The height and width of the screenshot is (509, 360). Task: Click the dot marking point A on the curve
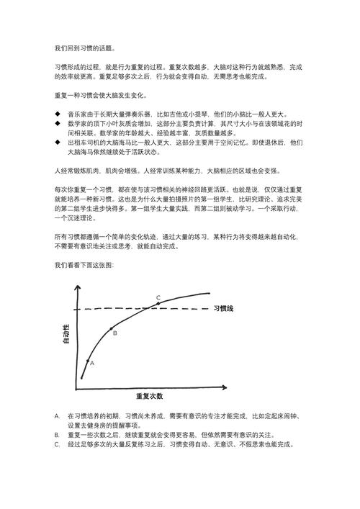coord(88,361)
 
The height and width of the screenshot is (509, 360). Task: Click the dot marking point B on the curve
coord(112,329)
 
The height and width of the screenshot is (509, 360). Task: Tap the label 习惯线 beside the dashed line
coord(224,309)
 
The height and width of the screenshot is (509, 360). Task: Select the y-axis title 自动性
coord(66,335)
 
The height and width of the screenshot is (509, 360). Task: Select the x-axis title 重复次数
coord(150,396)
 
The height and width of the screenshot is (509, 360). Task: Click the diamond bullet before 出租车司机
coord(58,143)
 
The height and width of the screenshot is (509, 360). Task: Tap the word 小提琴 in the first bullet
coord(202,114)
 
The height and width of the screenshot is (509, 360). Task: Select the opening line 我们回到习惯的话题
coord(84,48)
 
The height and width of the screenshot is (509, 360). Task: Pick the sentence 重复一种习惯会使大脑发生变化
coord(102,95)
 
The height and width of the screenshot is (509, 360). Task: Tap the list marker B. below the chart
coord(57,435)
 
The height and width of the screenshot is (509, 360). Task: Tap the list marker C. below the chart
coord(57,445)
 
